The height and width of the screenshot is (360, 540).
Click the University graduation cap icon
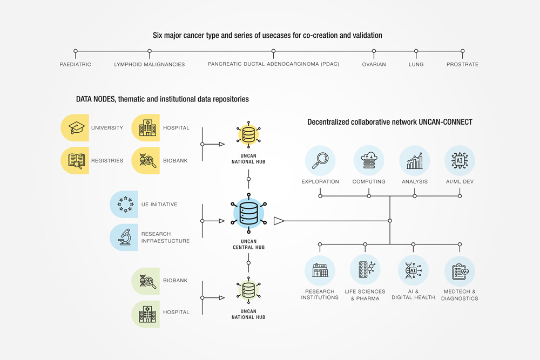[76, 128]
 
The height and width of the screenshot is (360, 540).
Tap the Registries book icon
[76, 160]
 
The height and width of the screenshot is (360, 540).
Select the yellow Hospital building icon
[147, 128]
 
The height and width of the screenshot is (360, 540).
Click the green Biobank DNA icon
[147, 281]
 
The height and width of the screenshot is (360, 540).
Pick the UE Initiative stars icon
[125, 205]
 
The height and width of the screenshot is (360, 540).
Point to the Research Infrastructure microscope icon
[125, 237]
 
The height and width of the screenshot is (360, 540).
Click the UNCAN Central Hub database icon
[248, 214]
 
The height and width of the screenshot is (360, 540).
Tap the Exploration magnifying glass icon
[320, 160]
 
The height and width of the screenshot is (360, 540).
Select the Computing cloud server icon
[369, 160]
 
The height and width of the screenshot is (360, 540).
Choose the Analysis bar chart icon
[415, 160]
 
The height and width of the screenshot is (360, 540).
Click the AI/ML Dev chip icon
[460, 160]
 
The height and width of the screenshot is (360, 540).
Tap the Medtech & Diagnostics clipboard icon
[460, 271]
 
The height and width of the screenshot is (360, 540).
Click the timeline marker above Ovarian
[374, 51]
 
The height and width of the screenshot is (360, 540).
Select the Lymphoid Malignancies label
[150, 65]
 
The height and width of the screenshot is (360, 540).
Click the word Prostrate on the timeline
[462, 65]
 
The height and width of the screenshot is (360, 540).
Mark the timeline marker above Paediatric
[76, 51]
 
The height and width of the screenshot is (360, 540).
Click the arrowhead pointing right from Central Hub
[279, 221]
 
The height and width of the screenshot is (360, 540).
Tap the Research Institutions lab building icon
[320, 270]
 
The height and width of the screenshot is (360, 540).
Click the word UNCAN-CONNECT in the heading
[446, 122]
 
